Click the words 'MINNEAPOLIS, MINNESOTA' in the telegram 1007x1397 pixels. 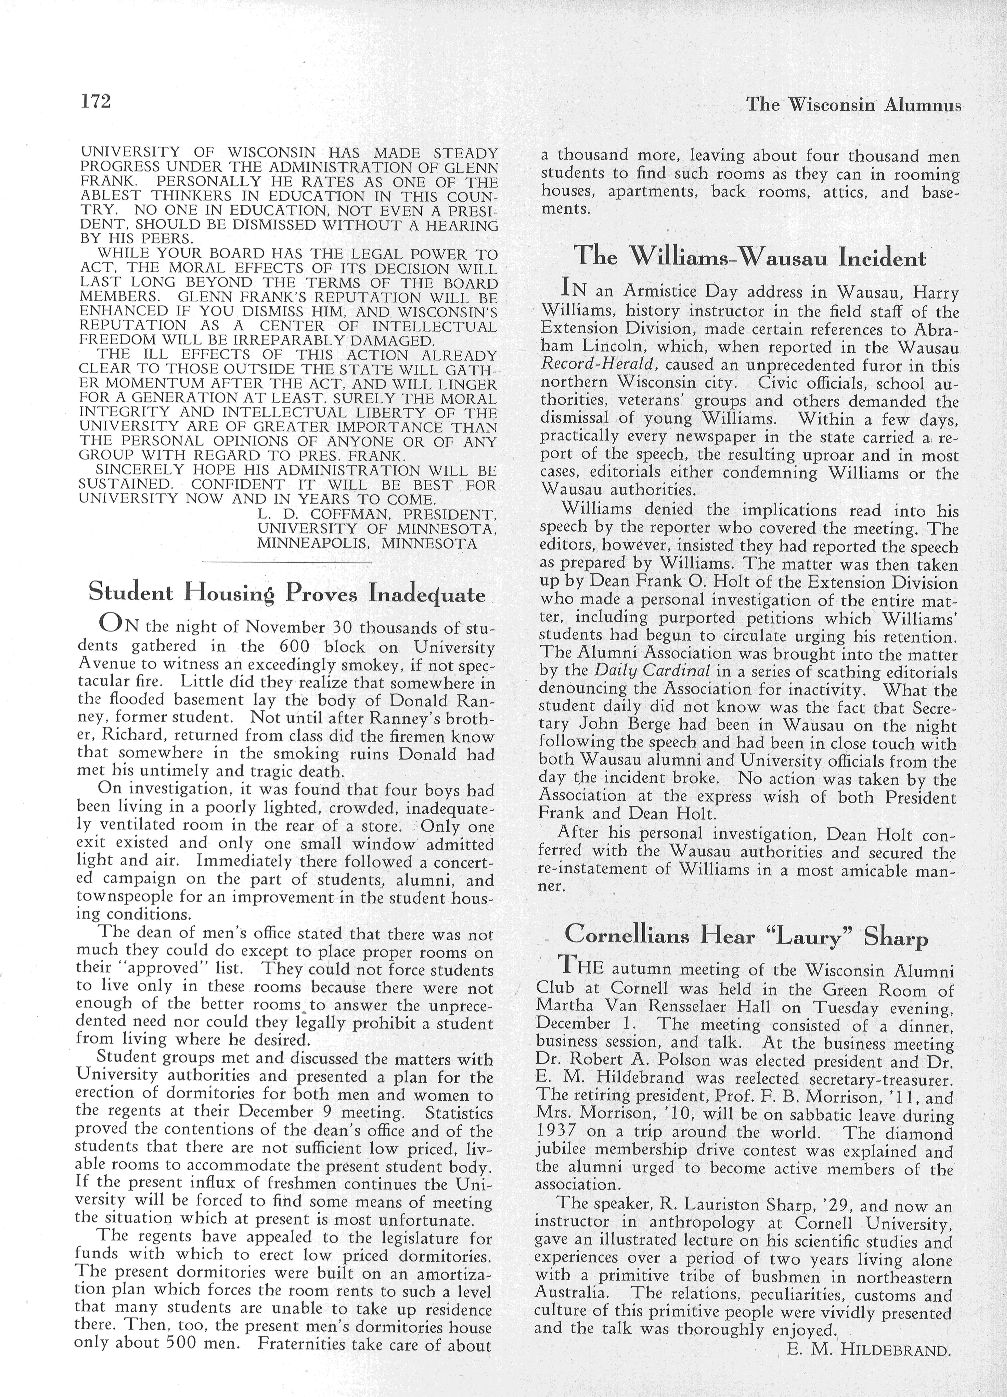(367, 544)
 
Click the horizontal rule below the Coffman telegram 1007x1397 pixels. (287, 562)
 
